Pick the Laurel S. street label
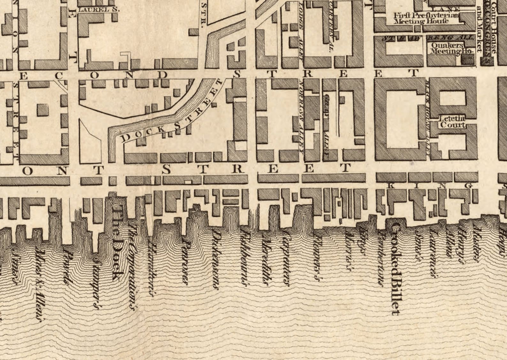pyautogui.click(x=98, y=10)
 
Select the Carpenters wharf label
pyautogui.click(x=286, y=259)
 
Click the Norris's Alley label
pyautogui.click(x=301, y=115)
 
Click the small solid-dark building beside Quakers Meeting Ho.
pyautogui.click(x=468, y=59)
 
